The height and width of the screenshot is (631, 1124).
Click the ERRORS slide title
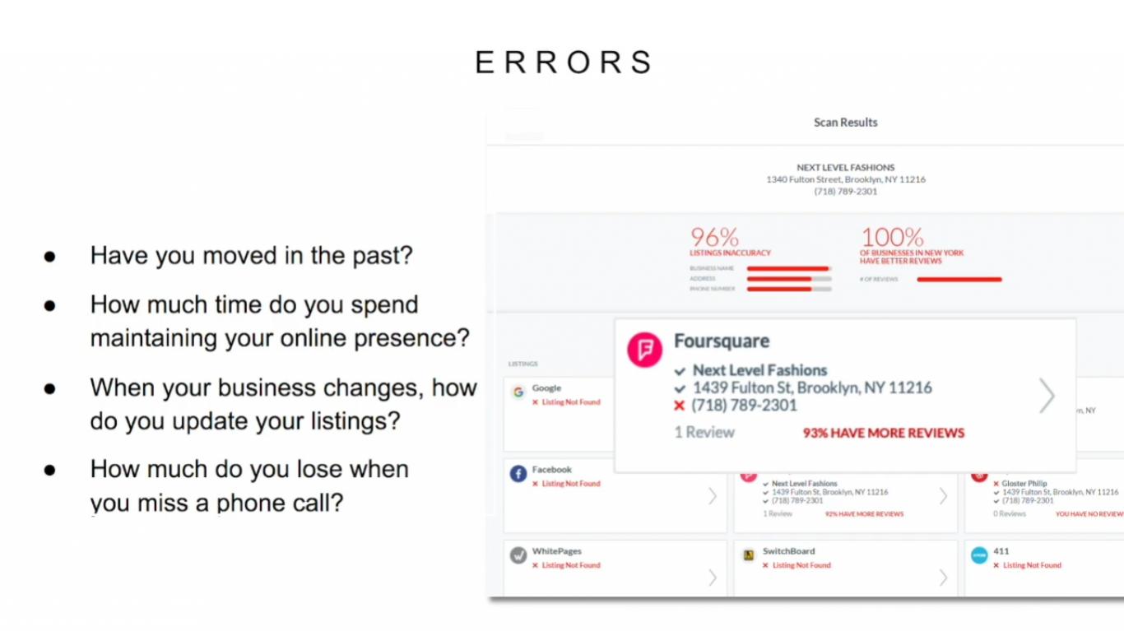coord(564,63)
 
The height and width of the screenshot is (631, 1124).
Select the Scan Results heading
coord(845,123)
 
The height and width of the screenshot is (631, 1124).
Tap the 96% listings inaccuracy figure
coord(714,238)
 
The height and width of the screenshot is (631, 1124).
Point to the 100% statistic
coord(893,238)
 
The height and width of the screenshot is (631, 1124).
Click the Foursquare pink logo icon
coord(645,349)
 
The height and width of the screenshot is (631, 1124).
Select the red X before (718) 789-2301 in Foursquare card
coord(679,406)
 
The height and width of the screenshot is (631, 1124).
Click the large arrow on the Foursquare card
coord(1046,396)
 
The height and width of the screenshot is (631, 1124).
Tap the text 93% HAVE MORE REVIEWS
coord(884,433)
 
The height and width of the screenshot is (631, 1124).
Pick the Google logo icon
coord(518,392)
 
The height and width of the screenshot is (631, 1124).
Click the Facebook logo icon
coord(518,474)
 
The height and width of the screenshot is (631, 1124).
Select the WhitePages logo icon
coord(518,555)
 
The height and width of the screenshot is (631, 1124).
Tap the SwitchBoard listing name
coord(788,551)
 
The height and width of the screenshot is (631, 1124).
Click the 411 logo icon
coord(979,555)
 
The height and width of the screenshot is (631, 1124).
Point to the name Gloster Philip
coord(1024,484)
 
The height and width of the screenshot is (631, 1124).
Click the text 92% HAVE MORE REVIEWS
coord(864,514)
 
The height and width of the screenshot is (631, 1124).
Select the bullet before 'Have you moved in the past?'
coord(50,257)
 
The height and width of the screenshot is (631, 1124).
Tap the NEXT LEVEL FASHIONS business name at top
coord(845,167)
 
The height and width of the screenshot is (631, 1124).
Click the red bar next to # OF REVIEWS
coord(959,280)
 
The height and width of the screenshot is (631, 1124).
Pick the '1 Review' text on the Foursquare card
coord(704,433)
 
